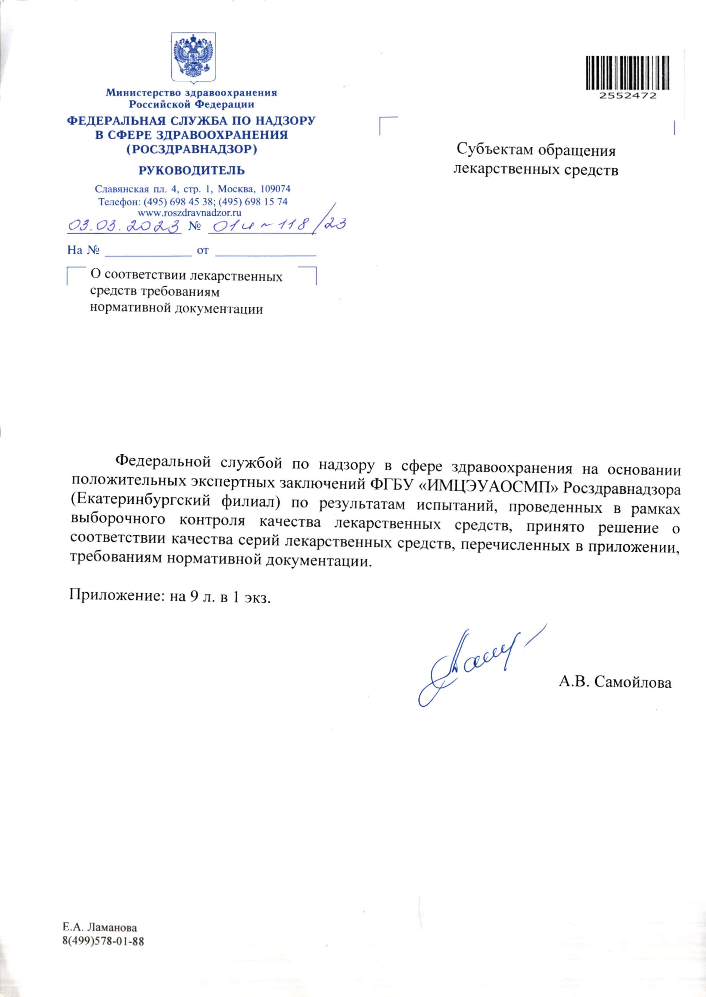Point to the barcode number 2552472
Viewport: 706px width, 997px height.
point(627,96)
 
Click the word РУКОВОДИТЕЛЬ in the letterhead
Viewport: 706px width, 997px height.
point(192,171)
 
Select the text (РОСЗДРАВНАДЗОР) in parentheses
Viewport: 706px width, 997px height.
point(192,150)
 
